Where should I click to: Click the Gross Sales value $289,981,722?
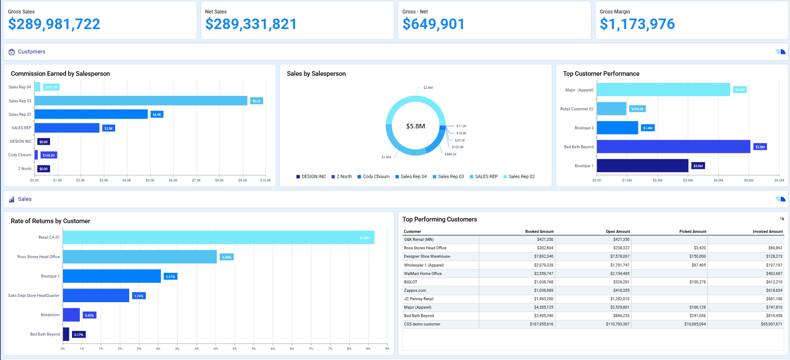[54, 24]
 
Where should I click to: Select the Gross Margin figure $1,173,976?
[637, 24]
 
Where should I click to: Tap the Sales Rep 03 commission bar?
[141, 101]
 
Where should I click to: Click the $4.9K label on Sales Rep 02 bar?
[157, 115]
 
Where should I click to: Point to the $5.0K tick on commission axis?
[150, 180]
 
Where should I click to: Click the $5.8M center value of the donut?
[415, 126]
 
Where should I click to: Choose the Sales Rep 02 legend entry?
[521, 176]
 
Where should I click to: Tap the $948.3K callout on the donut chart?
[450, 154]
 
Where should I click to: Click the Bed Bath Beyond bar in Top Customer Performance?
[673, 147]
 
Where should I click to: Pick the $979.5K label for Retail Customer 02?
[637, 109]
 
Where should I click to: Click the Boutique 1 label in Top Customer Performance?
[584, 166]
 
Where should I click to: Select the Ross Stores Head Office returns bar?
[139, 257]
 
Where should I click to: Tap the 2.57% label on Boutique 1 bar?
[170, 277]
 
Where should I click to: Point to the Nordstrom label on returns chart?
[50, 315]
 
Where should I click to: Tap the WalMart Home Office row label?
[423, 274]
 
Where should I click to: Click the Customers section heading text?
[32, 52]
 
